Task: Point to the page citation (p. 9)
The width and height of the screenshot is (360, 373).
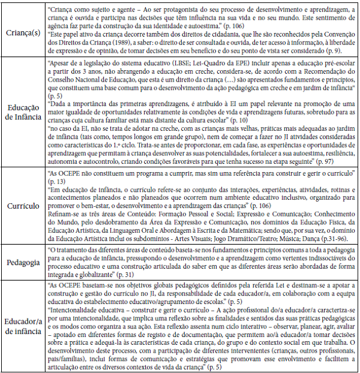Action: click(x=341, y=51)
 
